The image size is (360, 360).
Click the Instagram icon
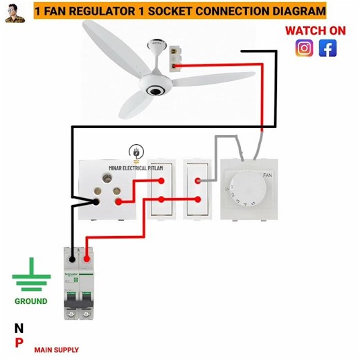point(304,48)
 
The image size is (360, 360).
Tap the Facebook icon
point(327,48)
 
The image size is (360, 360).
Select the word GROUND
point(31,301)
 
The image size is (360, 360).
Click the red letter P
point(19,343)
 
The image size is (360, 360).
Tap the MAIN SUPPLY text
point(56,350)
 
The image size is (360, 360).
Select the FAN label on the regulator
point(267,176)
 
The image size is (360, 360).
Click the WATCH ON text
point(315,30)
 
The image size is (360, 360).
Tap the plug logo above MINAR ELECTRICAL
point(136,152)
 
